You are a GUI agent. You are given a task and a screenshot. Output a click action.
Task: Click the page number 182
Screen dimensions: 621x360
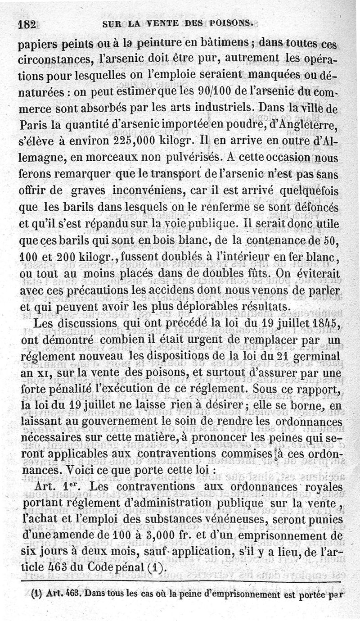[26, 25]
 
